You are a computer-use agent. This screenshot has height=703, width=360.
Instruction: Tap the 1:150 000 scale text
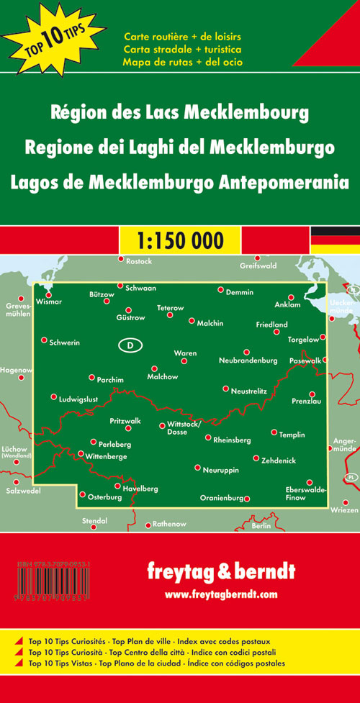[x=179, y=239]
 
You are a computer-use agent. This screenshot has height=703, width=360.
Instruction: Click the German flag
[x=335, y=240]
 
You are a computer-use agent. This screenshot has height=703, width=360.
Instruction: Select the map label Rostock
[x=139, y=261]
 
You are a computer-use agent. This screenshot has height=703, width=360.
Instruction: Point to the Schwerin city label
[x=64, y=343]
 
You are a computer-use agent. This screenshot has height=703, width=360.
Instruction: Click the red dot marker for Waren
[x=184, y=361]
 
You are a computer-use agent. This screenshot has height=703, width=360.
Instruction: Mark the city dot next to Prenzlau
[x=312, y=394]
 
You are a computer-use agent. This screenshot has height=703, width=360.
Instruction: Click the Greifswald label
[x=257, y=266]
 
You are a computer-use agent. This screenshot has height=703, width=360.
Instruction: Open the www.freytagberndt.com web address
[x=220, y=594]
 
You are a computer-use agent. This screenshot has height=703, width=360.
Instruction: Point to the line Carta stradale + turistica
[x=182, y=49]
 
